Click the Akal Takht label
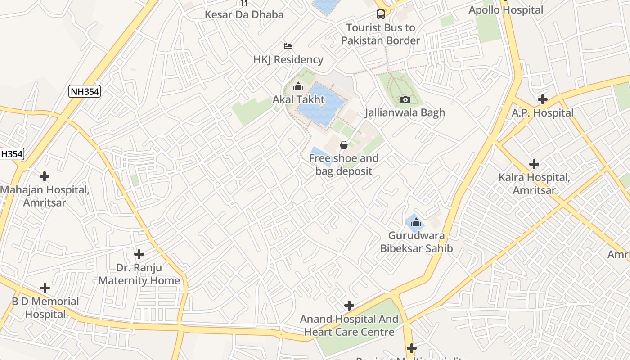click(298, 99)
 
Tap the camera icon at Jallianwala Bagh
click(405, 99)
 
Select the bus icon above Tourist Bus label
click(381, 14)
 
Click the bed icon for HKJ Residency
click(288, 46)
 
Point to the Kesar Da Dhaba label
click(244, 14)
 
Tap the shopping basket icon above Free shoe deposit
click(344, 145)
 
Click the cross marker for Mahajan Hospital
click(45, 176)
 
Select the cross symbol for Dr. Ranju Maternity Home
click(139, 254)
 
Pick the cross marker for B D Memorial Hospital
click(45, 288)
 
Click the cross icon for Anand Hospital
click(349, 306)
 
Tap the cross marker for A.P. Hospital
click(543, 99)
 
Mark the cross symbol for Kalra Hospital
click(534, 164)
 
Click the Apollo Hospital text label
click(506, 10)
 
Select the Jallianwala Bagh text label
click(405, 112)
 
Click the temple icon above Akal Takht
click(298, 87)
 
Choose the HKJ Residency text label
click(288, 59)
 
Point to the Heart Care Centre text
click(349, 332)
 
